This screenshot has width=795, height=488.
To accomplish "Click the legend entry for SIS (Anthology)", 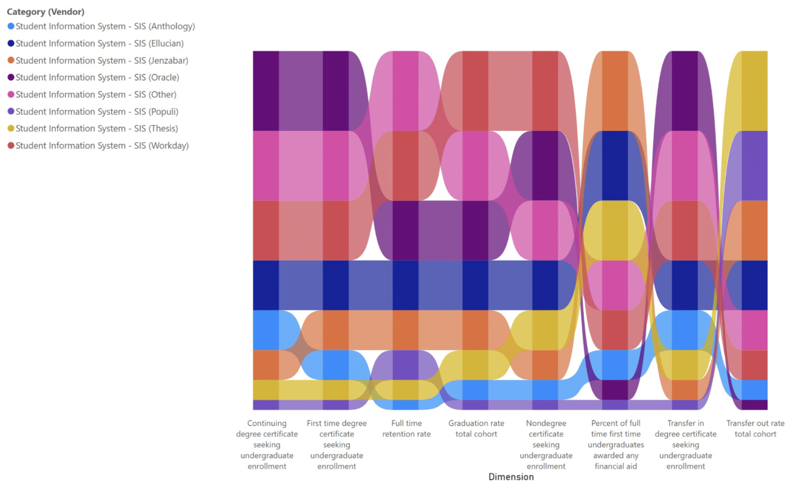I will pos(105,27).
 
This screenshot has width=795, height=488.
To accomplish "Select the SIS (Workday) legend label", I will pos(102,146).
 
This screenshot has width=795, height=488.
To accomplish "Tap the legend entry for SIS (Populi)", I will pos(97,111).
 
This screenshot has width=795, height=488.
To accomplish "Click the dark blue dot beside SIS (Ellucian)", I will pos(11,43).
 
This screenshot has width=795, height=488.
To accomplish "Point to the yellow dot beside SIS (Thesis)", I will pos(11,129).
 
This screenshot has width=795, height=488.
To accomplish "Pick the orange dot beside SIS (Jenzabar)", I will pos(11,60).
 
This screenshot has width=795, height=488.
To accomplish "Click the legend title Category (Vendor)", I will pos(46,12).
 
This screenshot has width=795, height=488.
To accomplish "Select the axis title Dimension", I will pos(511,477).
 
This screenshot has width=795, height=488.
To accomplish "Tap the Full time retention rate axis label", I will pos(406,428).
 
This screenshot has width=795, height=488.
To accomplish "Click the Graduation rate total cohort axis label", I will pos(476,428).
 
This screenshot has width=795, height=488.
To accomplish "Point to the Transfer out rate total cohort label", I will pos(755,428).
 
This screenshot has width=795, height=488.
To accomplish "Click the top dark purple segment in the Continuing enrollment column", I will pos(266,90).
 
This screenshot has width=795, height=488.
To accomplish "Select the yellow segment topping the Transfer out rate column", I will pos(754,90).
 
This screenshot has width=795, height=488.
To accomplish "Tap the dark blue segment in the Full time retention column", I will pos(405,285).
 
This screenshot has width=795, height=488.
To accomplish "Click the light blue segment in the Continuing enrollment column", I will pos(266,330).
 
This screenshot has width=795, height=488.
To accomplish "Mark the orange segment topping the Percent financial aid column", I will pos(615,90).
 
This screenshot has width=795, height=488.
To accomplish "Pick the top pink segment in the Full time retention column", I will pos(405,90).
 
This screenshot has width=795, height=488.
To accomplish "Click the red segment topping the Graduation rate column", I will pos(475,90).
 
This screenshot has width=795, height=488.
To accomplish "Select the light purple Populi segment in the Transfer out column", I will pos(754,166).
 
